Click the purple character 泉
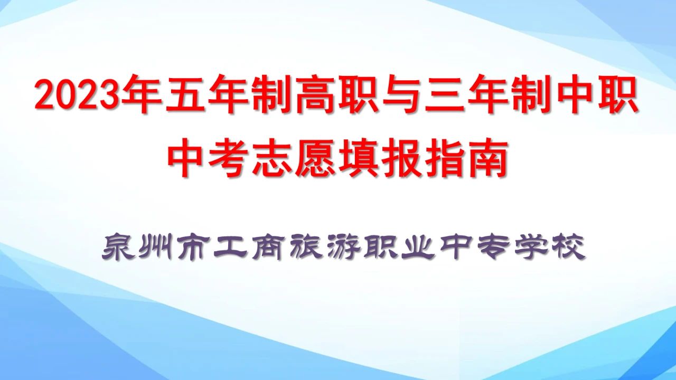(118, 248)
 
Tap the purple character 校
(569, 248)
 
